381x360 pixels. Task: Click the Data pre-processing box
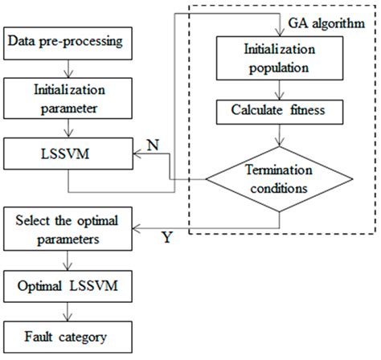[x=65, y=38]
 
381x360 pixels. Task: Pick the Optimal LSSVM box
[x=65, y=287]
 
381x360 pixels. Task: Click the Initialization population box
[x=278, y=59]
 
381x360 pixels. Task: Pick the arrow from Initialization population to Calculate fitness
[x=278, y=87]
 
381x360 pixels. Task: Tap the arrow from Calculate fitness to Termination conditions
[x=278, y=135]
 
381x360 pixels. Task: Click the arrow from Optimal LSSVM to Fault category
[x=65, y=313]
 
